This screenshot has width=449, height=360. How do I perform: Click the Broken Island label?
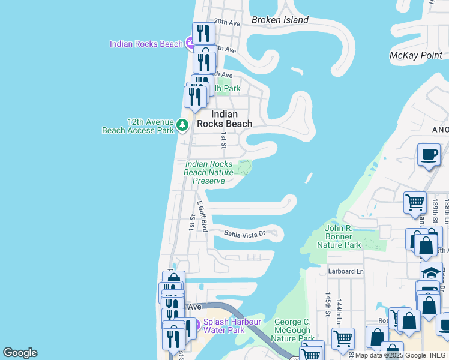(280, 20)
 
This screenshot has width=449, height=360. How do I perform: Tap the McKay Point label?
(415, 55)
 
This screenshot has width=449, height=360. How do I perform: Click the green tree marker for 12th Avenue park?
(182, 126)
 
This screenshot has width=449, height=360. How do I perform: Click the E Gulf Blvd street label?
(201, 217)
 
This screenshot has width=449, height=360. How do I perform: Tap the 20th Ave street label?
(227, 22)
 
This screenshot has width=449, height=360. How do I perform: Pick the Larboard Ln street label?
(346, 271)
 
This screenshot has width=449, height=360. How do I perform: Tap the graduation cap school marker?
(430, 271)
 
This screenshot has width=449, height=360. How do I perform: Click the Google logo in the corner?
(20, 353)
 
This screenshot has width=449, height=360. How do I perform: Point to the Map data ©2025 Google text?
(390, 355)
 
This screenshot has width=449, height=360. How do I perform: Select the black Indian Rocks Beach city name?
(231, 119)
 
